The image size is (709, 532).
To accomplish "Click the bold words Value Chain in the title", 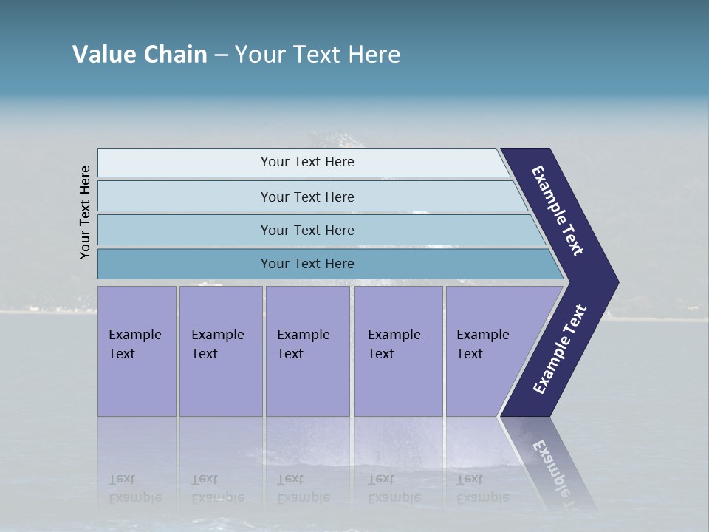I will [140, 55].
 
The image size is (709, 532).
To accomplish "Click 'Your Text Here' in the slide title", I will [318, 55].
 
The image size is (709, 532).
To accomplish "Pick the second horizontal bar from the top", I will [307, 197].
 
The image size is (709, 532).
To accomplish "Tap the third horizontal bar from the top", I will [307, 230].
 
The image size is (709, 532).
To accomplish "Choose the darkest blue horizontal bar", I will [307, 264].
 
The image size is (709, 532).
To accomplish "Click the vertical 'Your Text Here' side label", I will [85, 212].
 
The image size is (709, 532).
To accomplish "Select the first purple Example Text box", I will [137, 350].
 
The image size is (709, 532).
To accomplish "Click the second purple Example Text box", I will [220, 350].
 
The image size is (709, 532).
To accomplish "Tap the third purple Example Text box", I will [307, 350].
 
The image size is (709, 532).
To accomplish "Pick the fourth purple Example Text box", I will [397, 350].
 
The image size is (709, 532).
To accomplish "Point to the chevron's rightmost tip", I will [616, 282].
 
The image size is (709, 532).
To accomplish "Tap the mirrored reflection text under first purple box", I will [134, 488].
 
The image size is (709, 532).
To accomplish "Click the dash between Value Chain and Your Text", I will [221, 55].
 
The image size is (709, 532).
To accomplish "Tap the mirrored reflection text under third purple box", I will [303, 488].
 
